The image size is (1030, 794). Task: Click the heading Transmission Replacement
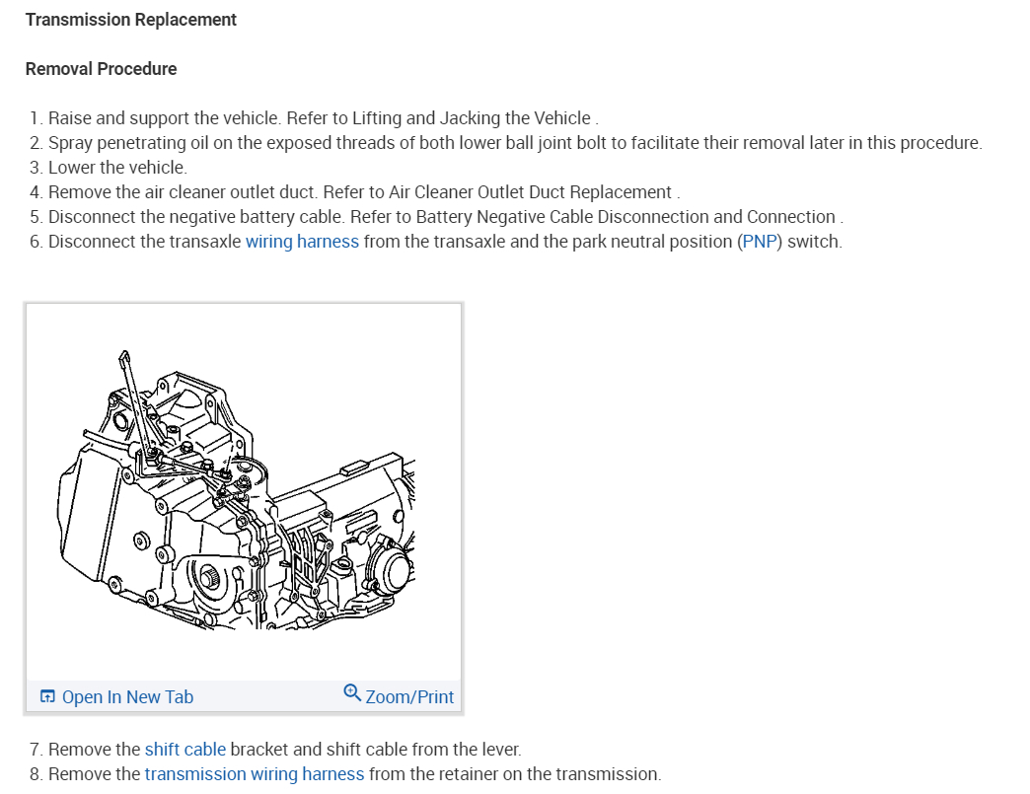tap(131, 20)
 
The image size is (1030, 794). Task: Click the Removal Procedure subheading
tap(102, 69)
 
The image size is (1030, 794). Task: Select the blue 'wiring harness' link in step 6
tap(302, 242)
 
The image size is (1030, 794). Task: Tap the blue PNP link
tap(759, 242)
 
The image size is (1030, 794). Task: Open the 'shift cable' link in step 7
tap(185, 750)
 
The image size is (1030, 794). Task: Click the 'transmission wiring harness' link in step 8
tap(255, 774)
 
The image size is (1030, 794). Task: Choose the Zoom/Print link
tap(409, 697)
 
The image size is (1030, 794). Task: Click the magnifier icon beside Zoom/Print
tap(352, 693)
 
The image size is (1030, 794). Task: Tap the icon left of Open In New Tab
tap(47, 697)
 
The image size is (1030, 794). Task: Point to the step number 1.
tap(36, 118)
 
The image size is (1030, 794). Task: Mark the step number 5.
tap(36, 217)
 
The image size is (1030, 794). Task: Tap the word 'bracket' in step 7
tap(260, 750)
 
